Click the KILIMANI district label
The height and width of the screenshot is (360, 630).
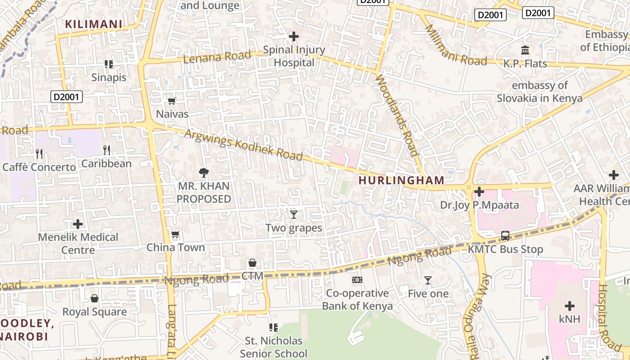(94, 24)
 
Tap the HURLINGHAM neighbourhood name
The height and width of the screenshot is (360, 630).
(401, 180)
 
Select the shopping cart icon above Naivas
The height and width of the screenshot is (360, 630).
(171, 101)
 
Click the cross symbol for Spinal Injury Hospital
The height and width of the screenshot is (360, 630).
(294, 36)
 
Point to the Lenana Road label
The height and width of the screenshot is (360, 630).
(217, 57)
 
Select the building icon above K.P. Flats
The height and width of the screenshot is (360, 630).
(525, 50)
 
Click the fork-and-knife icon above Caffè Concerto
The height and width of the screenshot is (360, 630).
(40, 154)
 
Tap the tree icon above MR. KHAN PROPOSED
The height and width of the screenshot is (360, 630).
(203, 172)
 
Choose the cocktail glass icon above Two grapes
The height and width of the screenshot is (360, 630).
(294, 214)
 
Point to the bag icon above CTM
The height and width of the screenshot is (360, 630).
(252, 263)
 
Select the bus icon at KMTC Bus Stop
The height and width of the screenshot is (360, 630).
(505, 236)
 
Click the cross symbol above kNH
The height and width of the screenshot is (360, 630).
(570, 306)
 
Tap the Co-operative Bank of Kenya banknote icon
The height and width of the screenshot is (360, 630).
(357, 280)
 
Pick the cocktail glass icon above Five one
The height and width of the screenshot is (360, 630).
(428, 280)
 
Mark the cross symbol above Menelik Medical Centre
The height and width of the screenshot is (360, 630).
(78, 224)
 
